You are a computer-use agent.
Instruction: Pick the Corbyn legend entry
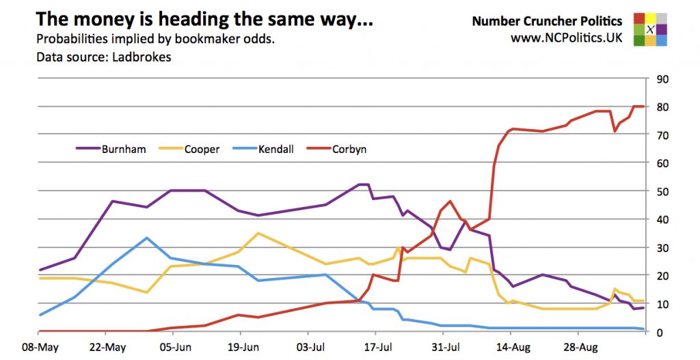point(349,149)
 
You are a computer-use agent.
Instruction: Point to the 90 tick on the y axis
point(662,79)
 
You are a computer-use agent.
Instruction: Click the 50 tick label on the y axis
point(662,191)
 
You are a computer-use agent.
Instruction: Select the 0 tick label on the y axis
point(659,333)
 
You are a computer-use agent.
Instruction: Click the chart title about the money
point(204,19)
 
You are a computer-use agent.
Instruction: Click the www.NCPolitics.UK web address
point(567,38)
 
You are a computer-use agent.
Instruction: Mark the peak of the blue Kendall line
point(147,238)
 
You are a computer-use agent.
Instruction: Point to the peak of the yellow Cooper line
point(257,234)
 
